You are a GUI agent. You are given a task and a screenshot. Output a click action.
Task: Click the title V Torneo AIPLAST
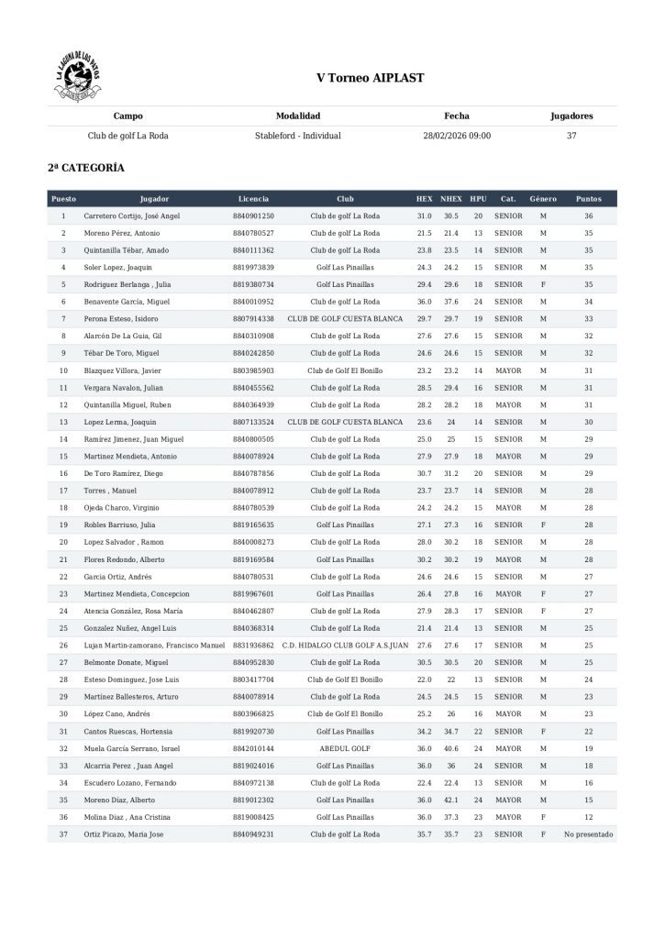[x=370, y=79]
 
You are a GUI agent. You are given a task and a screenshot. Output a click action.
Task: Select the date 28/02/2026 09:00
[x=456, y=136]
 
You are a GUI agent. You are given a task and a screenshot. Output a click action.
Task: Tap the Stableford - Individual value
[x=298, y=136]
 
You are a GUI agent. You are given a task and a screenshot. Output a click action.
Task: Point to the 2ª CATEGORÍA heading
[x=86, y=169]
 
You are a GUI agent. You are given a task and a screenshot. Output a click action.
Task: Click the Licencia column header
[x=253, y=198]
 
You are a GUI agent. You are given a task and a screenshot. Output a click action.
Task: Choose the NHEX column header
[x=451, y=198]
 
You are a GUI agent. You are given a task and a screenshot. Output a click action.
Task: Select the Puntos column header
[x=588, y=198]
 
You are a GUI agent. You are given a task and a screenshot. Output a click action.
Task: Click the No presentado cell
[x=588, y=834]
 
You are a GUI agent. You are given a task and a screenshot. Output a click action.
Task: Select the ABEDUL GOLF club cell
[x=345, y=748]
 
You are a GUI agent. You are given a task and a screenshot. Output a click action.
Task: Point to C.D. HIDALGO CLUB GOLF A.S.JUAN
[x=345, y=646]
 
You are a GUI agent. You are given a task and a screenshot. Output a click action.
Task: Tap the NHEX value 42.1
[x=451, y=801]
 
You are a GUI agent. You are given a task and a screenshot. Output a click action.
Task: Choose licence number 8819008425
[x=253, y=817]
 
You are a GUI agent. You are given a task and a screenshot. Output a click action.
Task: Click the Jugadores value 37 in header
[x=571, y=136]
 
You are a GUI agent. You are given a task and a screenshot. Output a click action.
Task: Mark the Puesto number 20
[x=63, y=542]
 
